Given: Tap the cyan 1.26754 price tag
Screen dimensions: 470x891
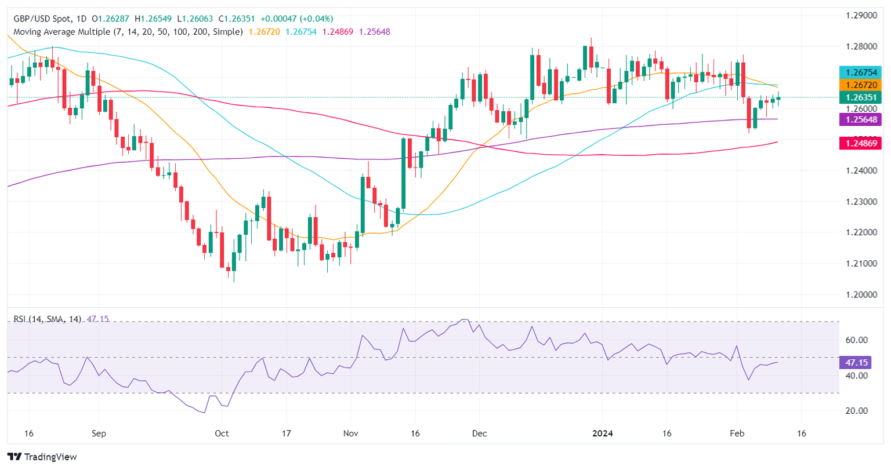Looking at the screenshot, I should click(861, 72).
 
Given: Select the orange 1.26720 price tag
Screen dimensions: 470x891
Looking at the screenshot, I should click(861, 85).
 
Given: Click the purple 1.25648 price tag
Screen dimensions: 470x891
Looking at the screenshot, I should click(861, 119).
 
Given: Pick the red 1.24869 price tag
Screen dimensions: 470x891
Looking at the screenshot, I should click(861, 143).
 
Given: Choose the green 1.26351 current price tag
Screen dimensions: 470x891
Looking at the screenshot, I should click(861, 97).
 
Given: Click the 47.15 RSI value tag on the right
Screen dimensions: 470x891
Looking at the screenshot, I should click(856, 363).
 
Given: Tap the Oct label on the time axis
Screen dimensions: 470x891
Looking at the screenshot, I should click(222, 433).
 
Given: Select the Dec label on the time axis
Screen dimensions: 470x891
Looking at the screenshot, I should click(479, 433).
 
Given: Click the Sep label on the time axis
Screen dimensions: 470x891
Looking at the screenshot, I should click(99, 433).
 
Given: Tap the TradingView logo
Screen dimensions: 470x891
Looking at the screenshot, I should click(42, 457).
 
